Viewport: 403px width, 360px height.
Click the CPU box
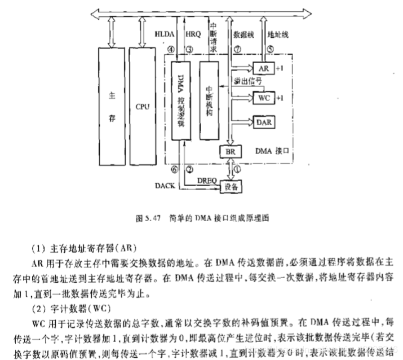click(x=143, y=106)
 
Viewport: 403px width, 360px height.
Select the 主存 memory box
click(x=112, y=106)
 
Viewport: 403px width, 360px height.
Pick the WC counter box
click(x=263, y=98)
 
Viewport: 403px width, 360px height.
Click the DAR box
click(x=263, y=122)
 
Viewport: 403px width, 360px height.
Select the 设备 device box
click(x=230, y=185)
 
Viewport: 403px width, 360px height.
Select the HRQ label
click(x=193, y=34)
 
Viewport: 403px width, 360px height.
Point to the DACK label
click(x=165, y=184)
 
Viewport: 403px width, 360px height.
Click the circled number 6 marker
click(x=174, y=169)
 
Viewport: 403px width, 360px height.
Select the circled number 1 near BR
click(x=236, y=168)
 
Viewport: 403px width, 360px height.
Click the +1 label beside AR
click(x=280, y=68)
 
